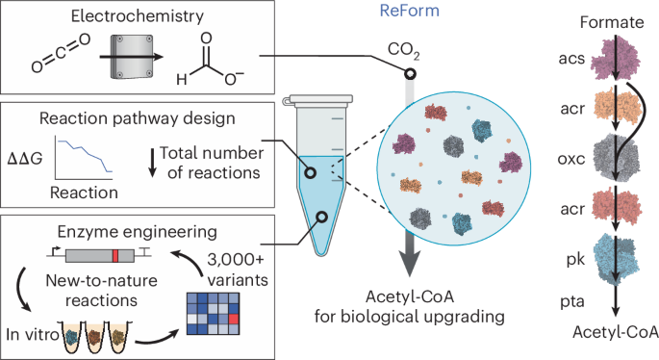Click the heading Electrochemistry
click(130, 17)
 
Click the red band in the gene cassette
click(114, 254)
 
